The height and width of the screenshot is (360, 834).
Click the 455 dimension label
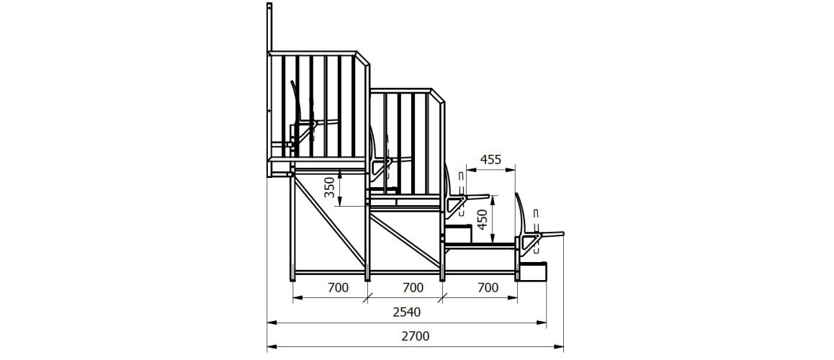tap(490, 160)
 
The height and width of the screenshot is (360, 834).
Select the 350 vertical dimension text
tap(331, 188)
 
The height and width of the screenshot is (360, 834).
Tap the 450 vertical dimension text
tap(482, 219)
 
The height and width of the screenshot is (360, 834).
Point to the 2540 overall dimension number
tap(406, 312)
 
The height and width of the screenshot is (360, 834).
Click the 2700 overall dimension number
tap(415, 336)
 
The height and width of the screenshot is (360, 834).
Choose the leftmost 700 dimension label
tap(338, 288)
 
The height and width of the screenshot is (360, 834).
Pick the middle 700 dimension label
tap(413, 288)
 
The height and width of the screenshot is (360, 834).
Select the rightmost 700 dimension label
tap(488, 288)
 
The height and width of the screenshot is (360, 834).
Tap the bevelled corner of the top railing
tap(363, 58)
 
